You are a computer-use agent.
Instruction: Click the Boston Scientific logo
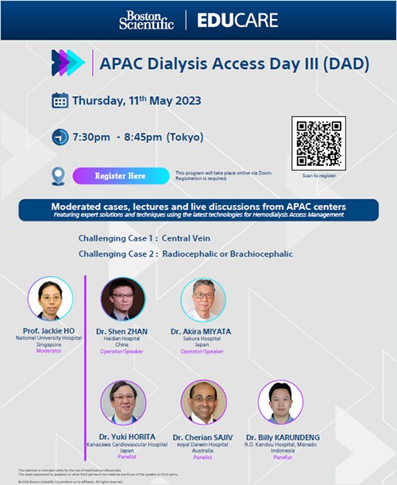coord(146,21)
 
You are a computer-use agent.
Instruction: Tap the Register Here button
coord(120,175)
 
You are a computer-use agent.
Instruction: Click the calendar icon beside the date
coord(60,101)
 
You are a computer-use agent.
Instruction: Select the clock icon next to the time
coord(60,137)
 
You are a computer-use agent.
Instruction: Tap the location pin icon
coord(58,175)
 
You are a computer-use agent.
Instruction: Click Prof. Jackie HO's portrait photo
coord(50,298)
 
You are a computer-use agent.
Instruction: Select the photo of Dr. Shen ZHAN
coord(123,298)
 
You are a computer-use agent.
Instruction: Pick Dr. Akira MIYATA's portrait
coord(203,299)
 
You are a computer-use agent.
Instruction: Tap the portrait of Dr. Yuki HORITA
coord(123,402)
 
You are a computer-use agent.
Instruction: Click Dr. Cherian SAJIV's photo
coord(203,402)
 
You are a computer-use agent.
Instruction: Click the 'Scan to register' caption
coord(320,175)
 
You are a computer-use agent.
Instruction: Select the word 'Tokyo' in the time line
coord(185,137)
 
